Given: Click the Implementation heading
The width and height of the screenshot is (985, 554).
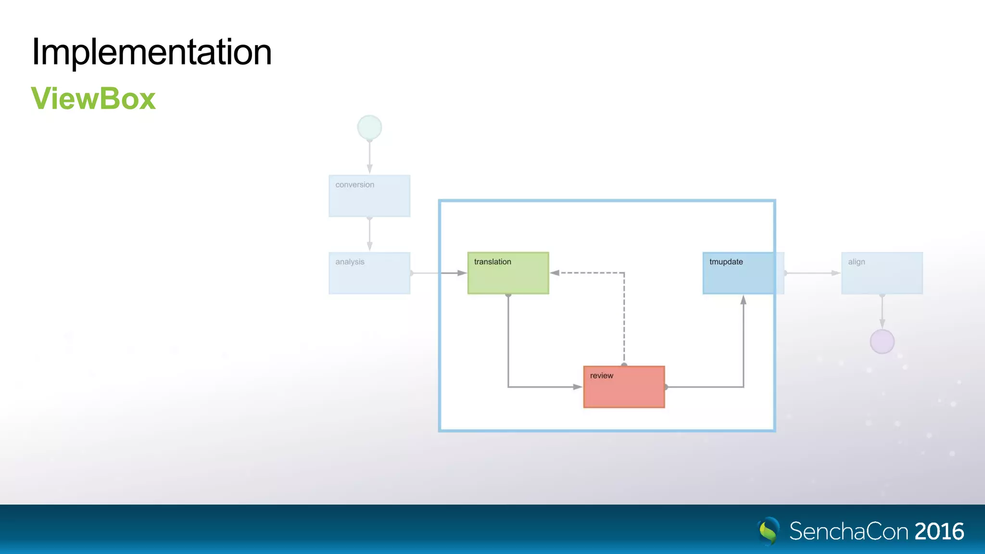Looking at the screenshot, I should click(152, 52).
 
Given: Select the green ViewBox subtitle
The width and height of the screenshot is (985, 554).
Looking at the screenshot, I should click(93, 99).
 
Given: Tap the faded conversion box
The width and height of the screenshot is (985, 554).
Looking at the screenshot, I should click(369, 196).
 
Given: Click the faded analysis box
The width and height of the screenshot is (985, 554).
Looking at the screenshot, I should click(369, 273).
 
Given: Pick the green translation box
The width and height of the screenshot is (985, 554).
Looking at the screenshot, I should click(508, 273).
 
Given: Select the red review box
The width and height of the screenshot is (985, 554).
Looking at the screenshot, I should click(624, 387).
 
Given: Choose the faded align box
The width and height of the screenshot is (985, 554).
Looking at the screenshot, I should click(882, 273).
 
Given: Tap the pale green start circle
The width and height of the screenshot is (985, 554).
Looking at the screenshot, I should click(369, 127).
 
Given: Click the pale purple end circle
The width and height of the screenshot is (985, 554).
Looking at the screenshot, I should click(882, 341).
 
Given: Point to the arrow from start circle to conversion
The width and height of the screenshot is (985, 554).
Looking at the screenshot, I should click(369, 156).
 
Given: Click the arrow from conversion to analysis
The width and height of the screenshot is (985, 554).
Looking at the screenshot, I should click(369, 234).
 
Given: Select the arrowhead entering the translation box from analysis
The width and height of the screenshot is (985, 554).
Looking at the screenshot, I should click(462, 273).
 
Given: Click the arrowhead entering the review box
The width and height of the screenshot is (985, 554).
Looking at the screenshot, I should click(578, 387).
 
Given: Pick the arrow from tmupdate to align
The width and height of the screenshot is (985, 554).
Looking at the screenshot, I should click(813, 273).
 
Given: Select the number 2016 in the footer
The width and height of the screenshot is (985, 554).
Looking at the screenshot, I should click(939, 531).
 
